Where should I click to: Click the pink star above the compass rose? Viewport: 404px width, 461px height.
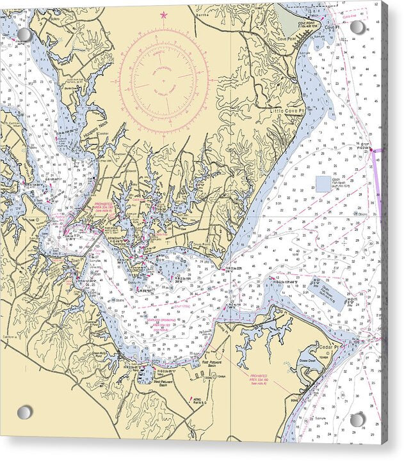click(x=163, y=14)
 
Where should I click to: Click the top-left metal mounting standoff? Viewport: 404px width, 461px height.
click(x=24, y=34)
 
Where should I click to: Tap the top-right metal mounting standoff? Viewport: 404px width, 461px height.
click(x=358, y=27)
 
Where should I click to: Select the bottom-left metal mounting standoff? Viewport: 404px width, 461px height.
click(x=24, y=412)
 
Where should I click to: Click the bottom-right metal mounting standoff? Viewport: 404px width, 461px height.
click(x=357, y=419)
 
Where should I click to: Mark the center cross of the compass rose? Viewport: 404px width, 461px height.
click(x=163, y=81)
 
